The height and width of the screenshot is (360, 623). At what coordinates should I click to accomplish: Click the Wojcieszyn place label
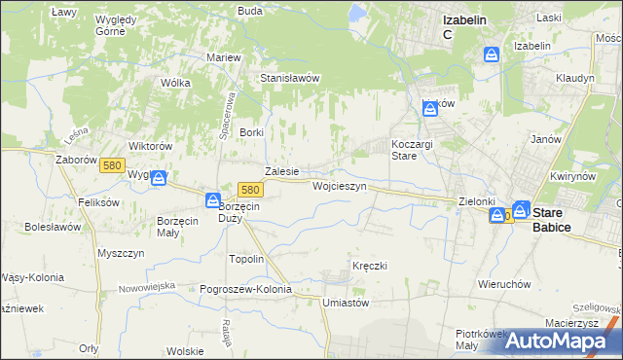point(339,185)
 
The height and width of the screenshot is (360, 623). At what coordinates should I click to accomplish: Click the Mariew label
point(223,57)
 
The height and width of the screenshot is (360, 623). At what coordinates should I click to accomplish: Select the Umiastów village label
point(346,303)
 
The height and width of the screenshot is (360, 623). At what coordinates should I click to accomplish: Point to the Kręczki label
point(370,266)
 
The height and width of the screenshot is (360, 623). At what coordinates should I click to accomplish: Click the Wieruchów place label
point(503,284)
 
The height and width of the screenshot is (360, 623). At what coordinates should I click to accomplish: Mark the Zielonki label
point(477,201)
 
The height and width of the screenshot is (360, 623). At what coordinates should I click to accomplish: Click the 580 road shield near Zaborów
point(112,166)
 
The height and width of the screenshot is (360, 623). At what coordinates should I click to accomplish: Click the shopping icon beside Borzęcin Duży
point(213,199)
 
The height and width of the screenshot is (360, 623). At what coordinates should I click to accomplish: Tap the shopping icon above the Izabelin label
point(492,55)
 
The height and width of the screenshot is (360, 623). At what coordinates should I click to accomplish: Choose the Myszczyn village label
point(121,252)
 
